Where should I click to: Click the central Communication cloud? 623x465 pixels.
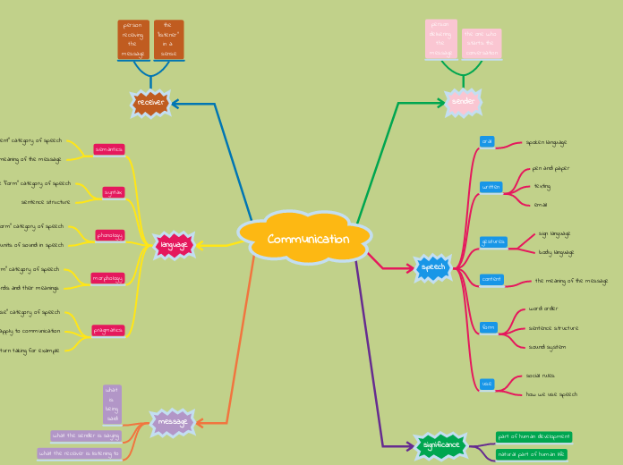308,239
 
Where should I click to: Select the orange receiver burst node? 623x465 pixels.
150,104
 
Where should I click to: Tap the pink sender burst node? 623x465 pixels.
463,102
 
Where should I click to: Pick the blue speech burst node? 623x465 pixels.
433,266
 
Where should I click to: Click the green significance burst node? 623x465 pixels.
441,444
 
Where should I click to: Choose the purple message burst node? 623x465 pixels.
172,422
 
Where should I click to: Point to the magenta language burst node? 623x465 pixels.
173,244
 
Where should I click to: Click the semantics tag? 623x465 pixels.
109,149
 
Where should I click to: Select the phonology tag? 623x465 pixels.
109,235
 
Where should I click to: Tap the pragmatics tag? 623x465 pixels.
108,330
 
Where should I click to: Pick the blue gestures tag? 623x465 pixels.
493,241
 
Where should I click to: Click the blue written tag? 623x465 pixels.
491,187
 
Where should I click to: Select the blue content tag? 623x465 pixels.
491,280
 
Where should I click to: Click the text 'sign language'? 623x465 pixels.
554,233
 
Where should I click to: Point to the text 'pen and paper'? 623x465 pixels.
550,168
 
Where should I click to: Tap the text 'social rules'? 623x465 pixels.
541,376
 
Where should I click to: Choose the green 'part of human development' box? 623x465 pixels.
533,436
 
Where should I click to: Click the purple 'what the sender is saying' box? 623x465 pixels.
86,435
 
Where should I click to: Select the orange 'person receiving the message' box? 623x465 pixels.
132,39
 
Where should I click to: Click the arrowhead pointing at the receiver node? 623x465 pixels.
175,104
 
